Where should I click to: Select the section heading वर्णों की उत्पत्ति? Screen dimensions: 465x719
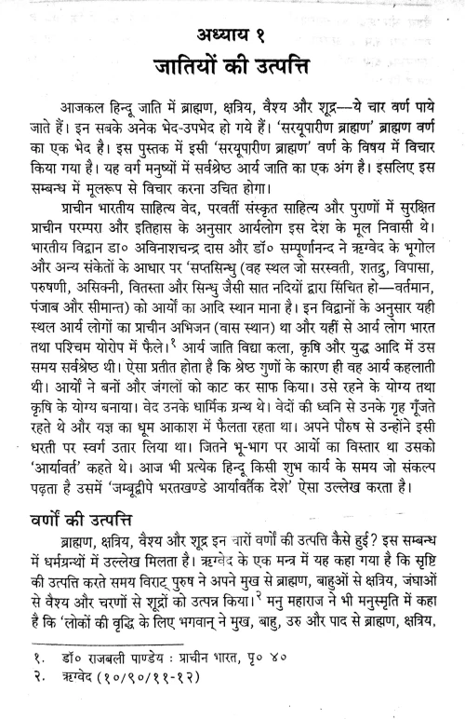click(91, 540)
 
